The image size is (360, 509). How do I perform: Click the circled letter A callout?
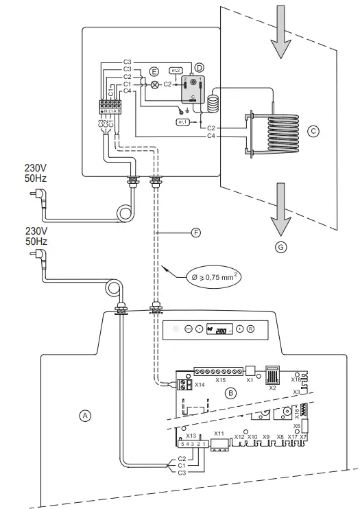[85, 415]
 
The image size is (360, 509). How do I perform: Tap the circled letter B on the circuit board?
[231, 393]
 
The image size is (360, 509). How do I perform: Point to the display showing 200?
[217, 330]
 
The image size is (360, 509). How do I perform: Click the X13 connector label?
[191, 436]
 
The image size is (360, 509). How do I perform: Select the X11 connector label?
[219, 434]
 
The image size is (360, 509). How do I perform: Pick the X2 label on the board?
[272, 388]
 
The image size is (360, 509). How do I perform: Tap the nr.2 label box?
[176, 71]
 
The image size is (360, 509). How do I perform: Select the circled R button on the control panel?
[251, 329]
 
